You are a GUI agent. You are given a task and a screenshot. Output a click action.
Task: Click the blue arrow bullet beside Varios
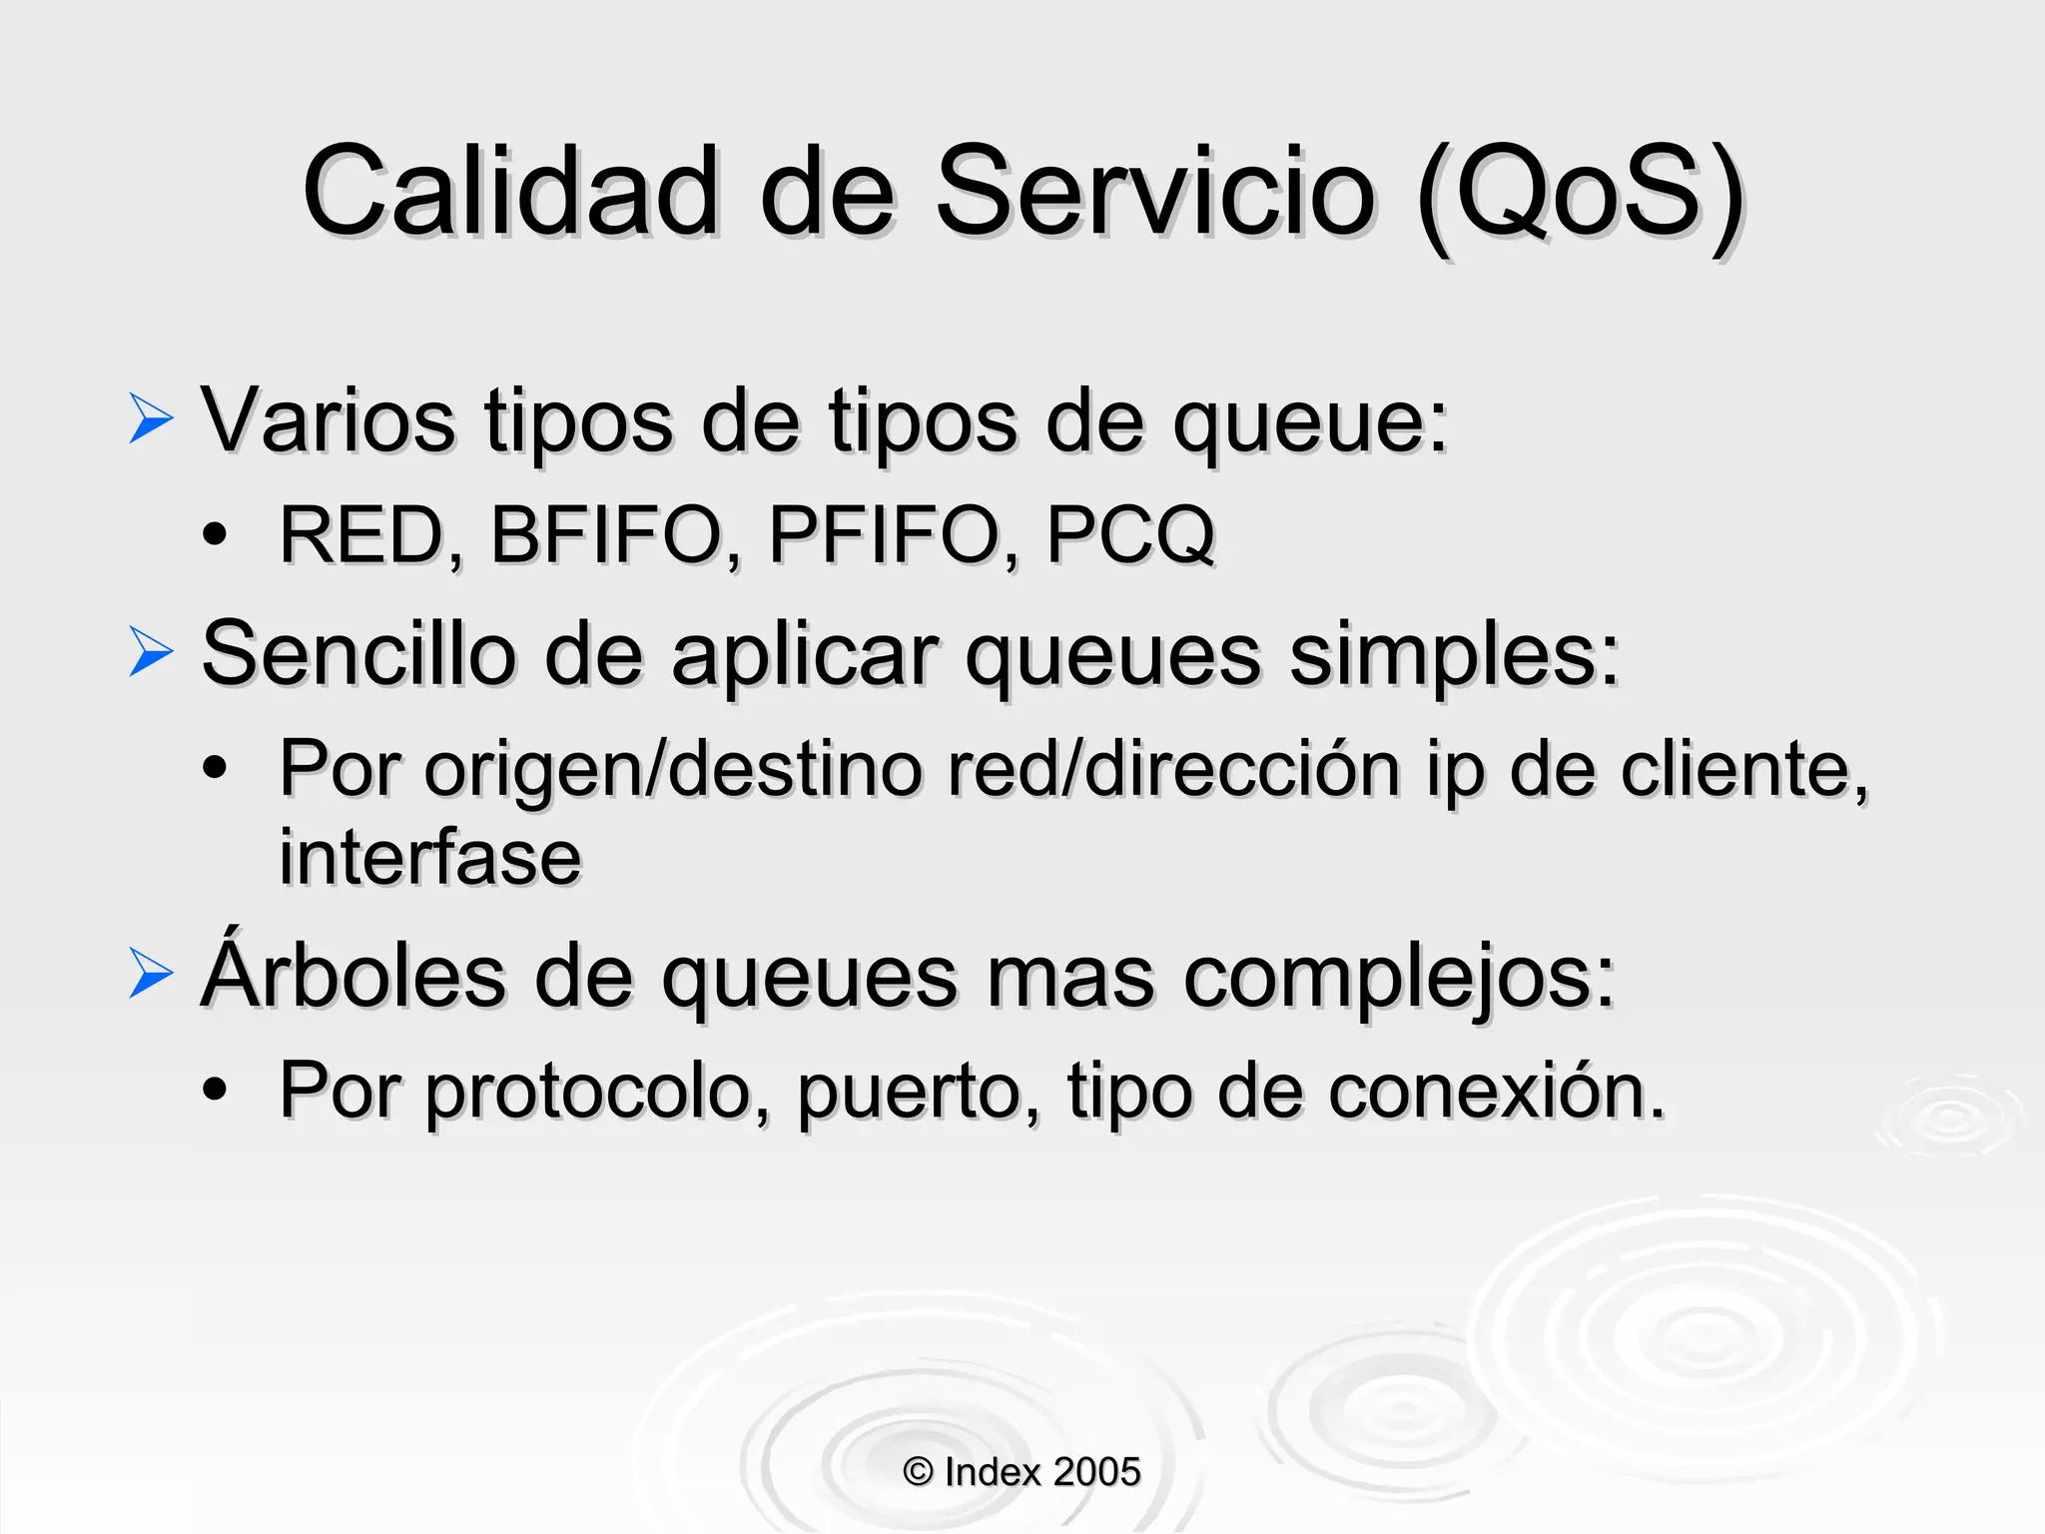coord(151,418)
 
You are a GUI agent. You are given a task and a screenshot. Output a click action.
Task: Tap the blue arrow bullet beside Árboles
coord(151,974)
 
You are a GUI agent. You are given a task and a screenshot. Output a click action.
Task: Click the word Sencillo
coord(358,654)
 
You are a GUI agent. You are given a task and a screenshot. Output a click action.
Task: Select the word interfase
coord(430,858)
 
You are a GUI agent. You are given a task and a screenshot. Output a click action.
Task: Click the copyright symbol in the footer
coord(918,1472)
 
